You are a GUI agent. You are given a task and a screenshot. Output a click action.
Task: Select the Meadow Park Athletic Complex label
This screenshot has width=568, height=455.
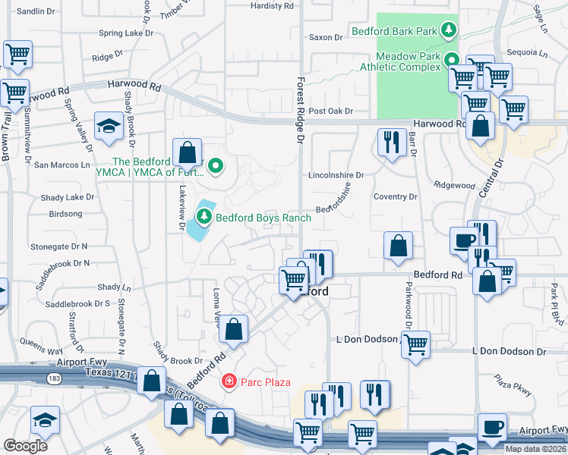[409, 61]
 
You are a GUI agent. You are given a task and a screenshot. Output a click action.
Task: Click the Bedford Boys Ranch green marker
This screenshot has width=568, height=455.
[204, 218]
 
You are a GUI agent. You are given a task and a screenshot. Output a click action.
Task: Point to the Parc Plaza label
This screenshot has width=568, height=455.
[266, 381]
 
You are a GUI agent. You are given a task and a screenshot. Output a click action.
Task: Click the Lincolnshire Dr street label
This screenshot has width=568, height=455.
[336, 175]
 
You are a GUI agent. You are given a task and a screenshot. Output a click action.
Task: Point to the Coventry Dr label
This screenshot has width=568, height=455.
[396, 197]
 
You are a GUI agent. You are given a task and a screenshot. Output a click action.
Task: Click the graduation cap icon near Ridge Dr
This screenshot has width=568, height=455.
[109, 126]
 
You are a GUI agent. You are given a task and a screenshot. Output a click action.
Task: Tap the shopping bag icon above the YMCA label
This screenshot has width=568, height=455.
[187, 152]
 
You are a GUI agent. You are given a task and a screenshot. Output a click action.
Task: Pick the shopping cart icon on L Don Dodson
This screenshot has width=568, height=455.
[415, 345]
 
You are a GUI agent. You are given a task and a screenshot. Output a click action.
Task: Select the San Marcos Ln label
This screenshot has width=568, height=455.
[62, 165]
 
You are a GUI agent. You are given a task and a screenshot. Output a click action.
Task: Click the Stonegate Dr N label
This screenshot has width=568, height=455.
[59, 247]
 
